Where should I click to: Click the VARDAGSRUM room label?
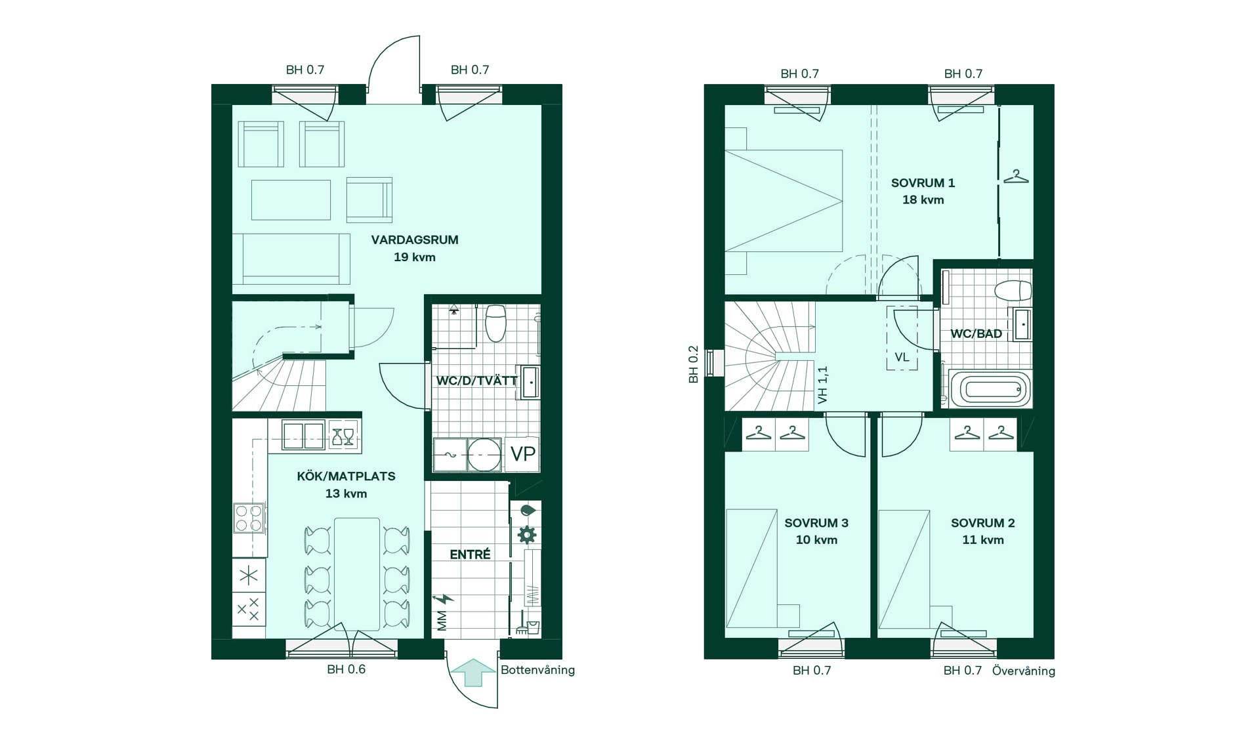coord(415,240)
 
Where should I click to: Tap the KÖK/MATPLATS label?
coord(346,476)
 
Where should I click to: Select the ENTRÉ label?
coord(470,555)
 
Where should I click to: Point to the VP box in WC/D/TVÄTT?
coord(522,453)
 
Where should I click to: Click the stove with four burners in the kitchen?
coord(249,518)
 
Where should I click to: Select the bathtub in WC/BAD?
coord(990,389)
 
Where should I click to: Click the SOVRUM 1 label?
coord(923,183)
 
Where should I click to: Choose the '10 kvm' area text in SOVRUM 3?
coord(816,540)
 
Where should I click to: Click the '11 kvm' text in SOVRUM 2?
coord(983,540)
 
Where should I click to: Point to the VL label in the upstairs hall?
coord(902,358)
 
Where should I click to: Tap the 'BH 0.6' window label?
coord(346,669)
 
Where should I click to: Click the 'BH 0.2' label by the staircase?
coord(693,364)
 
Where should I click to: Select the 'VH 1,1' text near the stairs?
coord(822,385)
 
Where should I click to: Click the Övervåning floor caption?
coord(1024,671)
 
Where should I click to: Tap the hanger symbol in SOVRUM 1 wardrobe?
coord(1016,176)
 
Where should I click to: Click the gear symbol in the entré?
coord(527,534)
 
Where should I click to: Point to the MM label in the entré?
coord(442,621)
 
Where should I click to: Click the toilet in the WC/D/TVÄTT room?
coord(495,323)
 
